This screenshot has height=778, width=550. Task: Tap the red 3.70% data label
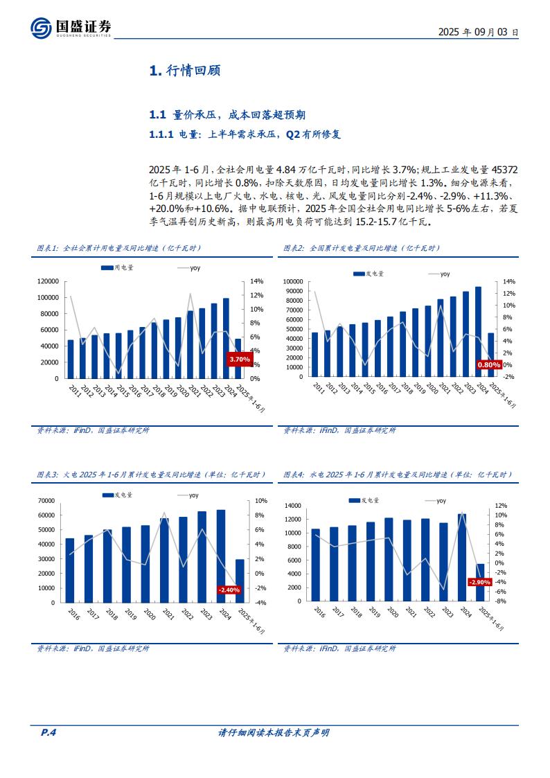(x=239, y=360)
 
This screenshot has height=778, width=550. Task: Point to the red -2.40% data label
(x=229, y=590)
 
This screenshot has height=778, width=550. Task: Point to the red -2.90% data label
(x=479, y=582)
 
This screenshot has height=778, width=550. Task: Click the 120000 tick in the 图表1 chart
(x=47, y=281)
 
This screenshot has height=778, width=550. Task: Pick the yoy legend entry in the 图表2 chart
(x=438, y=274)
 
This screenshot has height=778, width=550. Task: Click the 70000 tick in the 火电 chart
(x=46, y=500)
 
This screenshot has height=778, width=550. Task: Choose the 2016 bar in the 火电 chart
(x=70, y=570)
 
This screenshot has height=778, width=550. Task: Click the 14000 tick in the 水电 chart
(x=293, y=506)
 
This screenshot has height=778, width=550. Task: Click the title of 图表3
(x=151, y=475)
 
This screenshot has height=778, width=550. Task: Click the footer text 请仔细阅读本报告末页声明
(x=274, y=732)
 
